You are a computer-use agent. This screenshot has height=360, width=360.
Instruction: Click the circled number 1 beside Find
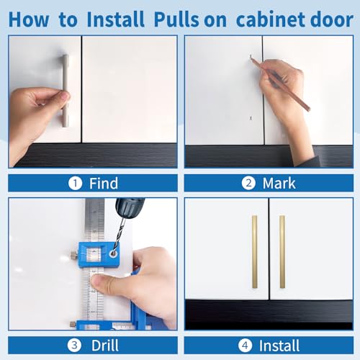pos(75,183)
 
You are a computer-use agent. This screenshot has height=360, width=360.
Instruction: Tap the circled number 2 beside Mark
pos(249,183)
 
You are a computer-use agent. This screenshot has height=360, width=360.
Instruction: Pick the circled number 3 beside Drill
pos(76,345)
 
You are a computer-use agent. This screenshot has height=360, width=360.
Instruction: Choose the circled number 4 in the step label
pos(245,345)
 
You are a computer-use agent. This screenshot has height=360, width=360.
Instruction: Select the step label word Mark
pos(279,183)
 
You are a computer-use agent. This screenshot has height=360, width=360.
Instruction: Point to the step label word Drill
pos(104,345)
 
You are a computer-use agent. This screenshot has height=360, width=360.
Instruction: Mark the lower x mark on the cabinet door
pos(251,117)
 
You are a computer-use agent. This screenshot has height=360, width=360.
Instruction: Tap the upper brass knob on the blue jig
pos(76,256)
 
